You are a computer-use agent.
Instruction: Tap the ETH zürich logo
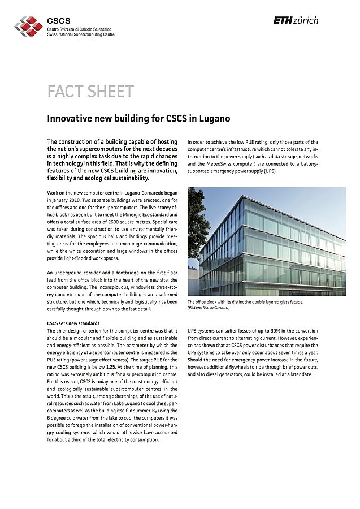296,20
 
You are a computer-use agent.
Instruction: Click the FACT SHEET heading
90,92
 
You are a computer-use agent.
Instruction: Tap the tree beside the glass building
196,226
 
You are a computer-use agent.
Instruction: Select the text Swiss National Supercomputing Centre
81,34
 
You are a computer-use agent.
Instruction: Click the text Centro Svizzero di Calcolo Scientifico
79,29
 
